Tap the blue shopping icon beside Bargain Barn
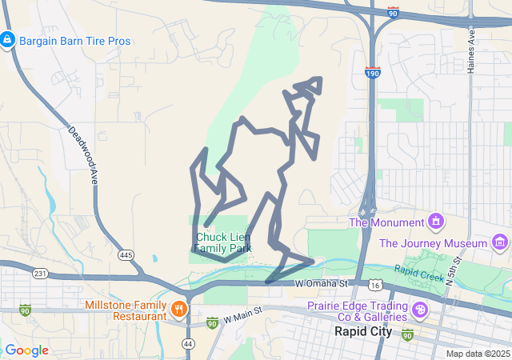pos(7,38)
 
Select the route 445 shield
pos(126,255)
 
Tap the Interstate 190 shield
pos(373,73)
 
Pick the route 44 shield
pos(188,343)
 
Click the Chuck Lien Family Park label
pos(223,243)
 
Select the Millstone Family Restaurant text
pos(123,311)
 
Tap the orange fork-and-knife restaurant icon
pos(179,307)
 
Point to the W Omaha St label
pos(322,283)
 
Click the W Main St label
pos(244,314)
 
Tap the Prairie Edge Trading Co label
pos(358,311)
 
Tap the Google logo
pos(26,350)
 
